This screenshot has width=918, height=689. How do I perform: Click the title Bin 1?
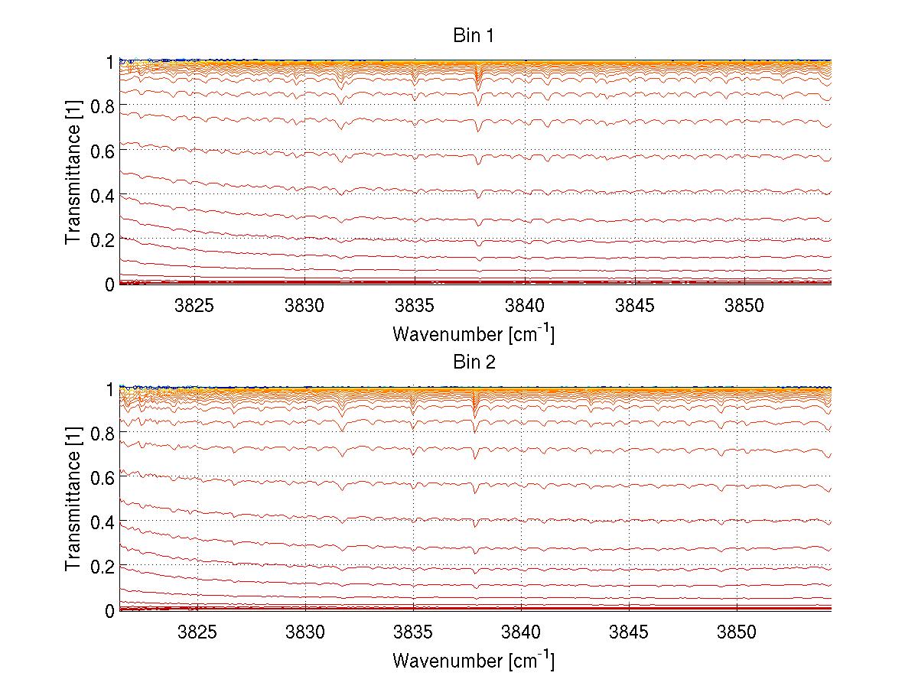point(474,36)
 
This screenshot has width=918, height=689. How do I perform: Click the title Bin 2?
point(474,362)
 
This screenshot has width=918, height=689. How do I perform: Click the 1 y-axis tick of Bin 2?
point(110,388)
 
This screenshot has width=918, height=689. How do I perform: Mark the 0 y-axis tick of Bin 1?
point(110,284)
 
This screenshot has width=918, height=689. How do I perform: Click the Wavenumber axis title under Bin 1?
point(474,333)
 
